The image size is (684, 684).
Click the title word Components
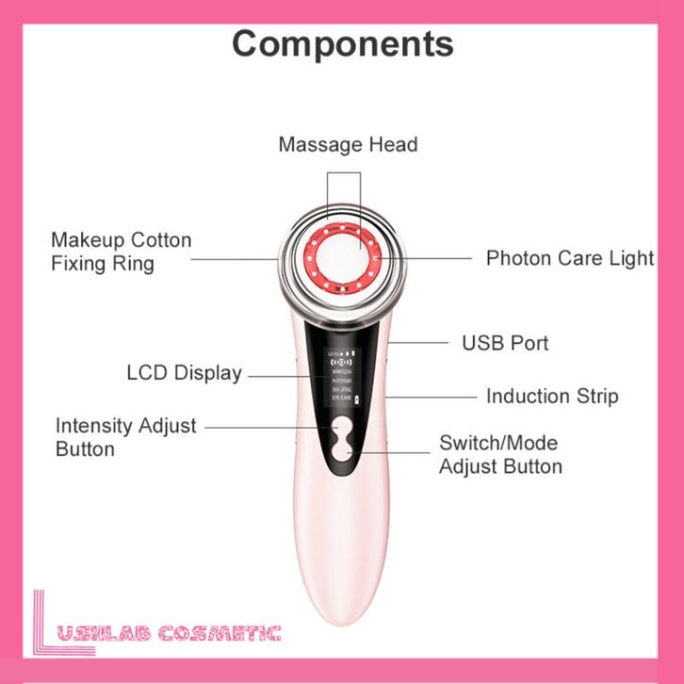click(x=342, y=42)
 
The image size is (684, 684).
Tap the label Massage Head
click(x=348, y=144)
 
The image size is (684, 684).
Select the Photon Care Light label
click(x=569, y=257)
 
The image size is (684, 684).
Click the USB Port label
click(x=505, y=342)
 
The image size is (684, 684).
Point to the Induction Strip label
click(x=552, y=396)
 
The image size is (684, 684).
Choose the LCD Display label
click(x=184, y=373)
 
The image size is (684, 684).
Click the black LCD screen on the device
click(x=341, y=381)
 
